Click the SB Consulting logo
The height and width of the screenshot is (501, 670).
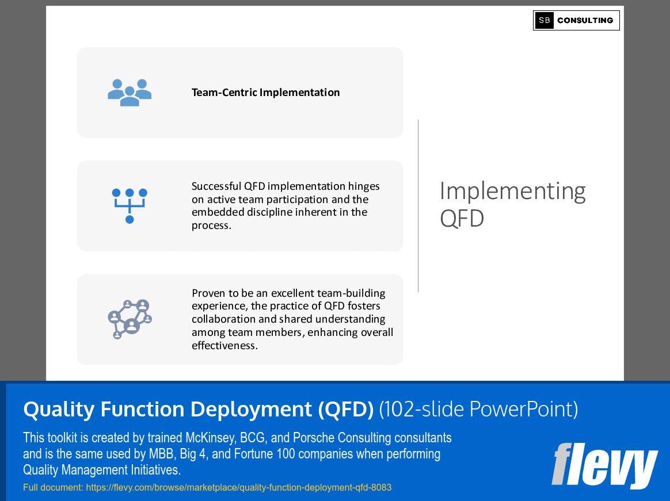click(x=576, y=20)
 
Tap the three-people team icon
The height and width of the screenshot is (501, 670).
click(x=130, y=93)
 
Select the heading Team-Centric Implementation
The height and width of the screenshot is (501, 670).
click(x=265, y=93)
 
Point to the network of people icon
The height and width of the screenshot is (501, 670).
click(x=130, y=319)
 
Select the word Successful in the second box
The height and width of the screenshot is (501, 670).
click(x=216, y=186)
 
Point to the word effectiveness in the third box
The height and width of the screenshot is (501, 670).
click(x=224, y=345)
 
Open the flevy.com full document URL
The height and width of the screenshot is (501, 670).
click(x=238, y=487)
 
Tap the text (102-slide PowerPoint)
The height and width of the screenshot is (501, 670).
click(x=478, y=409)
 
